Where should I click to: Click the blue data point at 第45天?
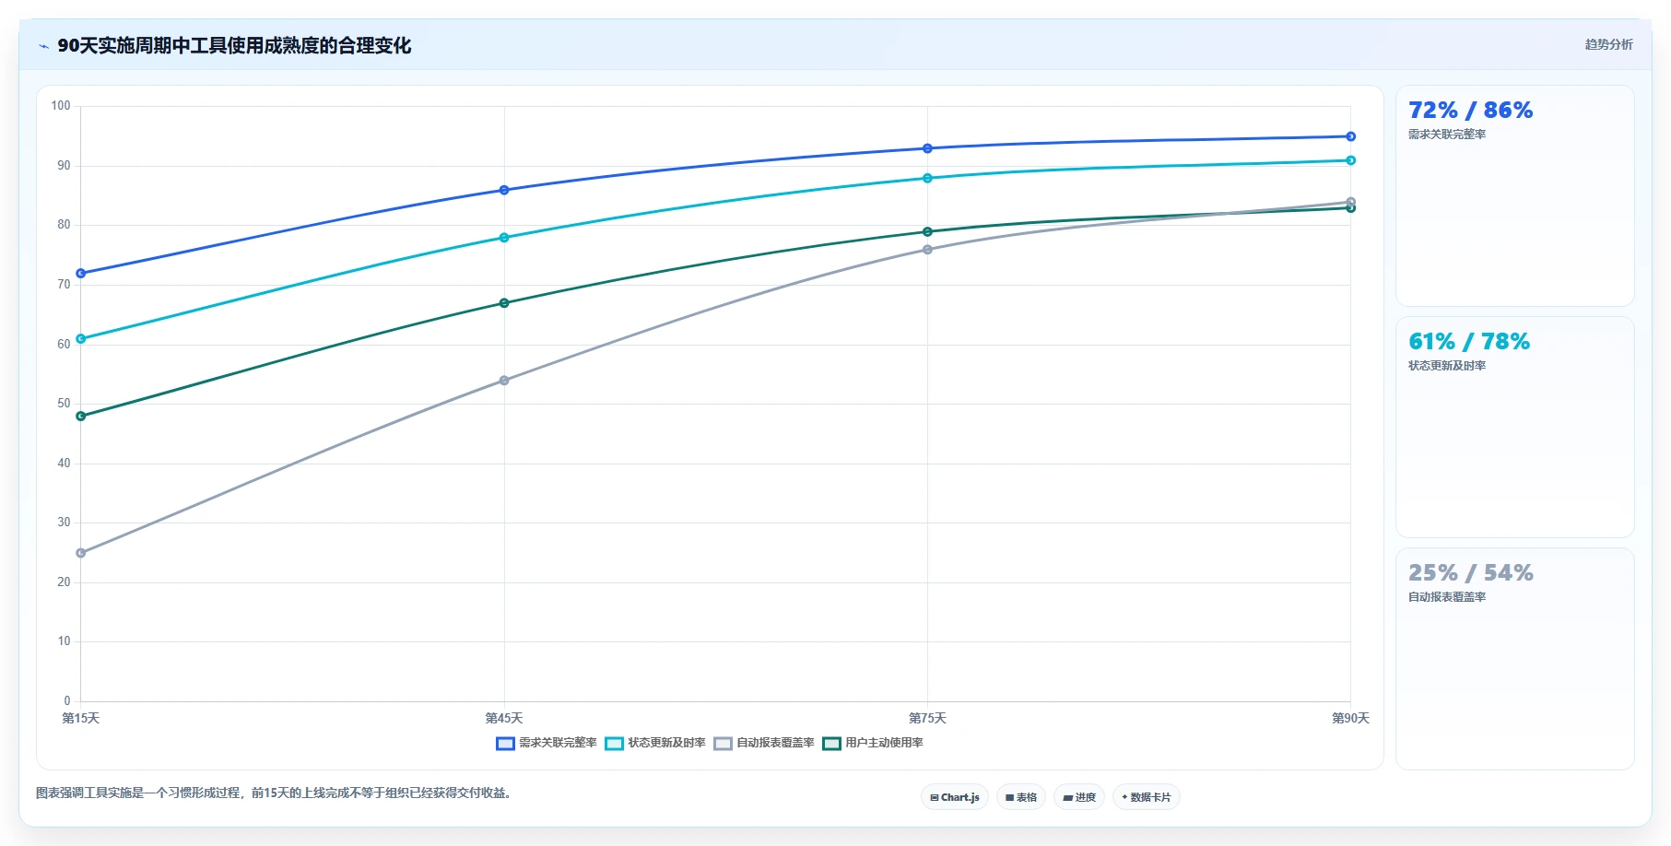coord(504,190)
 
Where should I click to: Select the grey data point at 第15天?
coord(81,553)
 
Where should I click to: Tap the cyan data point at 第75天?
coord(927,178)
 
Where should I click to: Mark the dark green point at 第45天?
coord(504,303)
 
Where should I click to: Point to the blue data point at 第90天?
coord(1350,136)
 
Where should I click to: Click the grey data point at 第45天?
coord(504,381)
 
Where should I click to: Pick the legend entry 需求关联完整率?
coord(547,743)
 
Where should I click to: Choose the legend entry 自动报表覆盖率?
coord(764,743)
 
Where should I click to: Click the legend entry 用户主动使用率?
coord(873,743)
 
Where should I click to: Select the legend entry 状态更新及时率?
coord(655,743)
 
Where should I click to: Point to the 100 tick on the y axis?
coord(61,106)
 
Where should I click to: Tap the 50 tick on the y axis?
coord(64,404)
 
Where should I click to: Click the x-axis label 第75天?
coord(927,719)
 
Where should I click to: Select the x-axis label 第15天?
coord(81,719)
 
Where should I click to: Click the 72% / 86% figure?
coord(1470,111)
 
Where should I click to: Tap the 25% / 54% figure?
coord(1470,573)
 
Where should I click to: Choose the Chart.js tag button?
coord(955,797)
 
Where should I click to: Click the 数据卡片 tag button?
coord(1147,797)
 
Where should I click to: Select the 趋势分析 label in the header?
coord(1608,44)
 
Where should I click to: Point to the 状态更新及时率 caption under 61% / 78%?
coord(1447,366)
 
